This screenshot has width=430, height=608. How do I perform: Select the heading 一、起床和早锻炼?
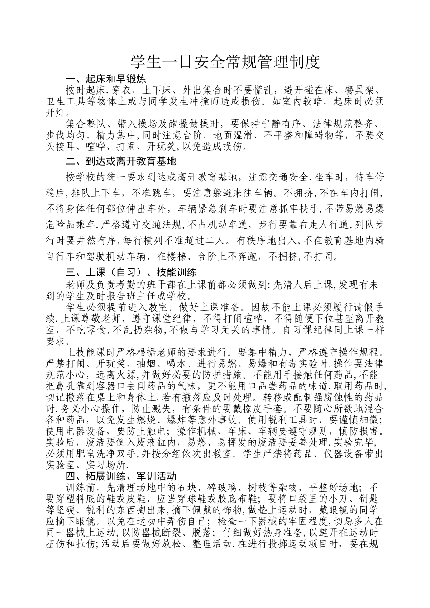(x=105, y=78)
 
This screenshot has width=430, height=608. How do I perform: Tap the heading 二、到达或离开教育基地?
(x=121, y=161)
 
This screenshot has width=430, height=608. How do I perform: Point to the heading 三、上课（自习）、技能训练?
(x=131, y=273)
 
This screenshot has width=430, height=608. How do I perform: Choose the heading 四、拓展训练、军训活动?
(x=121, y=476)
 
